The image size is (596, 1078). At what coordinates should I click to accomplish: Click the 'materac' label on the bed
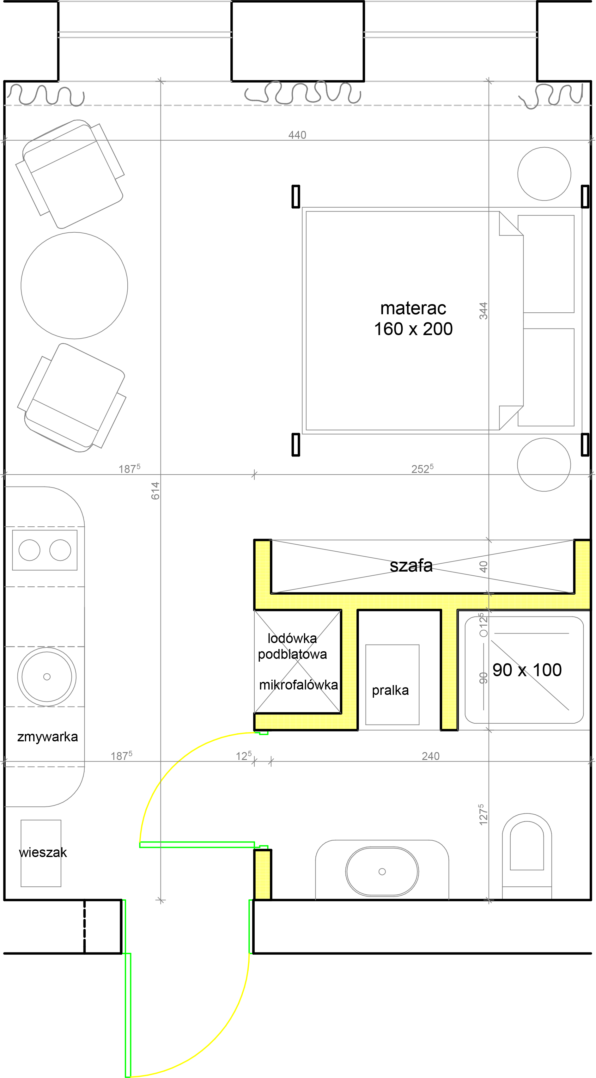[413, 309]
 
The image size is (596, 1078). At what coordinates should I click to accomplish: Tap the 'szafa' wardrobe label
[411, 566]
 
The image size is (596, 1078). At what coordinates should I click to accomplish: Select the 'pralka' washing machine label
[390, 690]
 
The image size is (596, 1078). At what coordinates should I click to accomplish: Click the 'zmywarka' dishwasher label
[47, 737]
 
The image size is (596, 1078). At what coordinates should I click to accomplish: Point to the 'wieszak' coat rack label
[43, 852]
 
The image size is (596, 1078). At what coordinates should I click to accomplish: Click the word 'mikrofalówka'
[298, 685]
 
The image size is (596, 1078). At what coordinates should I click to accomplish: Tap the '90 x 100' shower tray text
[527, 670]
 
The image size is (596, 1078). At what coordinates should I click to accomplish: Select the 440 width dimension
[297, 135]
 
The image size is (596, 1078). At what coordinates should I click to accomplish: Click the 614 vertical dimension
[155, 491]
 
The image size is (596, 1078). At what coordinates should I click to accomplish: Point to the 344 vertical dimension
[483, 311]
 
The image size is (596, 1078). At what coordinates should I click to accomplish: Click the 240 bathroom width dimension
[430, 756]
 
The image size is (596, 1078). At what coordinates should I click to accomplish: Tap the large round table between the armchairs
[75, 285]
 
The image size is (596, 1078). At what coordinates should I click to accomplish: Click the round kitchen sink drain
[47, 677]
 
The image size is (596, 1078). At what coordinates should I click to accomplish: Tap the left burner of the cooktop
[29, 550]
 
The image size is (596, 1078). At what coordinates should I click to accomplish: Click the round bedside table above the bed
[544, 174]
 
